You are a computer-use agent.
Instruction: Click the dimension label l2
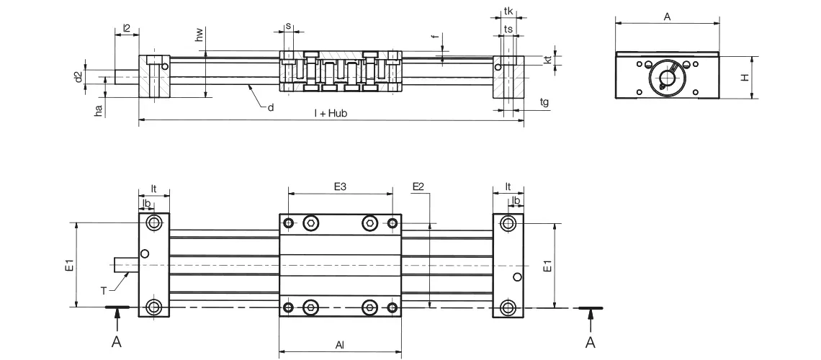(x=127, y=28)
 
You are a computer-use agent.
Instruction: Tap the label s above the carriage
(x=288, y=26)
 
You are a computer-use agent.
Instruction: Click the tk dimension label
(x=508, y=12)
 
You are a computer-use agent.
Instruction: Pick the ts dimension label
(x=508, y=29)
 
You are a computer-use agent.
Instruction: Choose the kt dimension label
(x=548, y=61)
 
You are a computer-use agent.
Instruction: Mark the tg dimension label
(x=544, y=102)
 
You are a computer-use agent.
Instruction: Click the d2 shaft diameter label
(x=78, y=76)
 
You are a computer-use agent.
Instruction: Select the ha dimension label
(x=99, y=109)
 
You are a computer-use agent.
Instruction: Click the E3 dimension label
(x=341, y=186)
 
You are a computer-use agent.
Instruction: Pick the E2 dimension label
(x=418, y=186)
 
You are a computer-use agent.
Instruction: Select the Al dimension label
(x=340, y=346)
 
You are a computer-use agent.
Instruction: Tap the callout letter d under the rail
(x=270, y=107)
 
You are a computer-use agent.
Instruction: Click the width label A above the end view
(x=667, y=16)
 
